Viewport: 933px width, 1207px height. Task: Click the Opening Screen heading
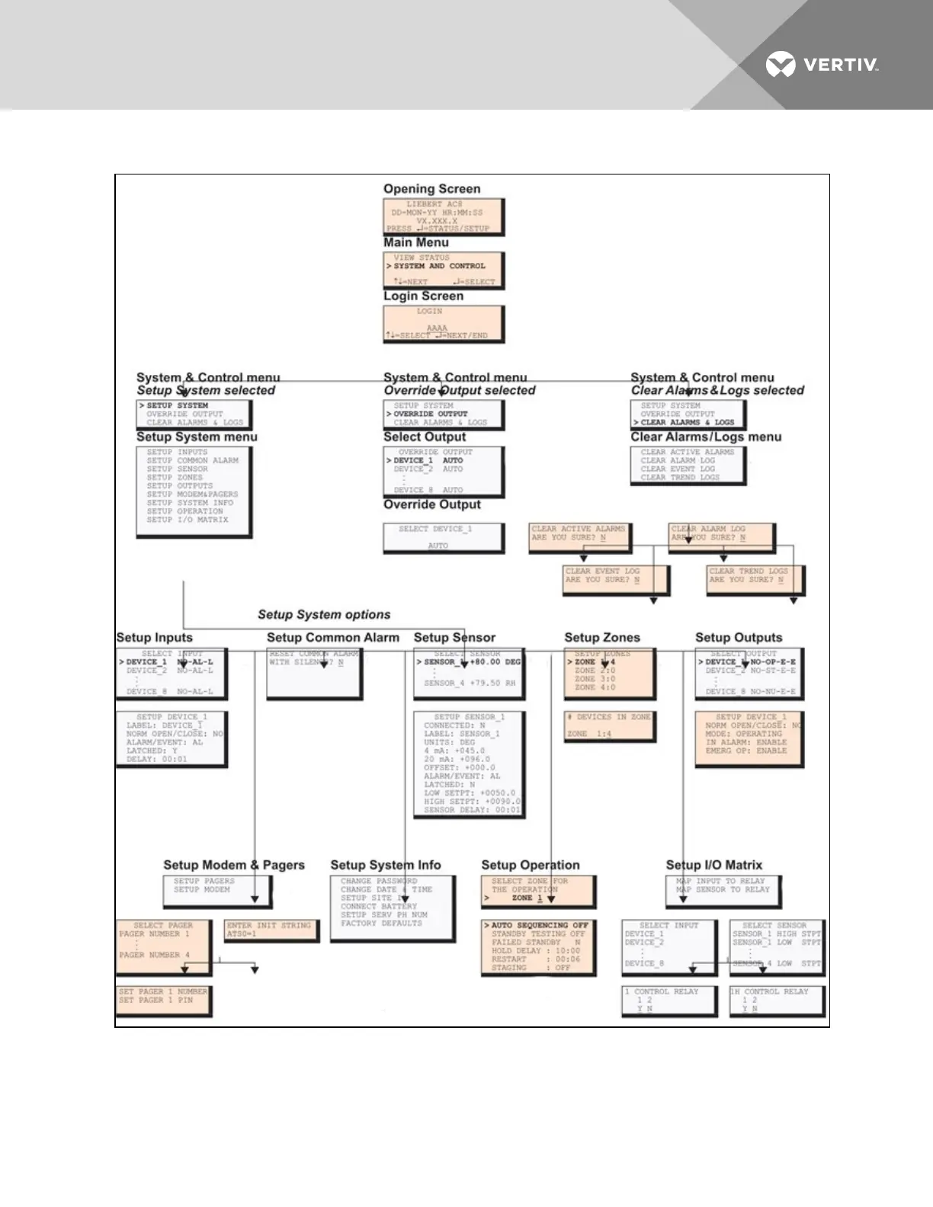(x=431, y=189)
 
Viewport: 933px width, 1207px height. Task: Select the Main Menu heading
(x=415, y=242)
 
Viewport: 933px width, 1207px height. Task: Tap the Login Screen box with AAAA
(x=443, y=324)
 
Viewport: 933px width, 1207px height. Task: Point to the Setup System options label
(x=324, y=615)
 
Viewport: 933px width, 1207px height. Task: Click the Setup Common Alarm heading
(x=333, y=638)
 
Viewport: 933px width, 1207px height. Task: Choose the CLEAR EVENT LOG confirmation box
(x=614, y=579)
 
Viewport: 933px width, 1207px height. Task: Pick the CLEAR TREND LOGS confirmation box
(x=755, y=579)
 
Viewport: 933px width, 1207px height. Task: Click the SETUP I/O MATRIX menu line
(x=188, y=520)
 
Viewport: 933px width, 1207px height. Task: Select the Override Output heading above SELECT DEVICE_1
(x=431, y=504)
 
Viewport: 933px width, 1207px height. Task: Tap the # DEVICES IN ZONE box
(x=609, y=725)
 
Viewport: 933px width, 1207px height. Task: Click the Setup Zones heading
(x=602, y=638)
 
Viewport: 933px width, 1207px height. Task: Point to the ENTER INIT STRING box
(x=271, y=930)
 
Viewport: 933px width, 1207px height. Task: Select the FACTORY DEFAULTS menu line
(x=381, y=924)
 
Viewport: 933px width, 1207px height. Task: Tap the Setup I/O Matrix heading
(x=713, y=865)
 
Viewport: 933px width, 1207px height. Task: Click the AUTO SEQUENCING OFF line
(x=540, y=925)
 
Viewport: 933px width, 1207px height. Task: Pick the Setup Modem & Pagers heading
(x=234, y=865)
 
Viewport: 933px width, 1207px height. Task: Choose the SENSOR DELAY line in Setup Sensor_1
(x=472, y=810)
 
